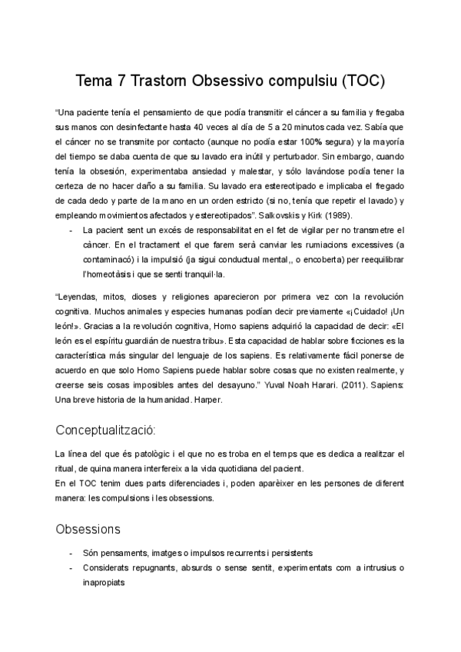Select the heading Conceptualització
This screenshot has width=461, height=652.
(x=111, y=429)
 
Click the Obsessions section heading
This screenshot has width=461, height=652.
(x=88, y=529)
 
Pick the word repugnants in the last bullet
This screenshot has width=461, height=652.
(x=158, y=568)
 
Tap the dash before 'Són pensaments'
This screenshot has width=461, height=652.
(x=71, y=554)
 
